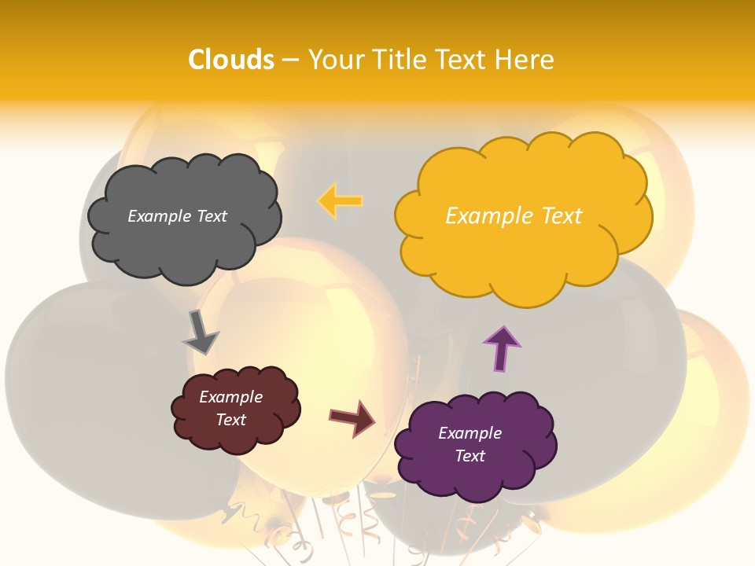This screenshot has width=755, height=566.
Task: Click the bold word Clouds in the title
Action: [231, 60]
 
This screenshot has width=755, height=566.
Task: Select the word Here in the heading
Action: [526, 60]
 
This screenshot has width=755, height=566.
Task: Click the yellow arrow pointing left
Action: [341, 200]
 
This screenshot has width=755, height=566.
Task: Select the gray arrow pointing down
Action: [200, 332]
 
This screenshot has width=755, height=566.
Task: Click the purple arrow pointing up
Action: [502, 347]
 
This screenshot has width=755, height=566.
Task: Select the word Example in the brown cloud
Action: [230, 397]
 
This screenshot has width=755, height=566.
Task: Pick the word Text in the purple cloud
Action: [470, 456]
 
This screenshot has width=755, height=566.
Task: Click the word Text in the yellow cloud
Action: [562, 216]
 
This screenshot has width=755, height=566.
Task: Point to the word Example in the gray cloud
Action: [158, 216]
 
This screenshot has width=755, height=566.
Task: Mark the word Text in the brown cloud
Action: [230, 420]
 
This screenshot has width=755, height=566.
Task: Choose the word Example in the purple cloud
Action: [470, 433]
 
